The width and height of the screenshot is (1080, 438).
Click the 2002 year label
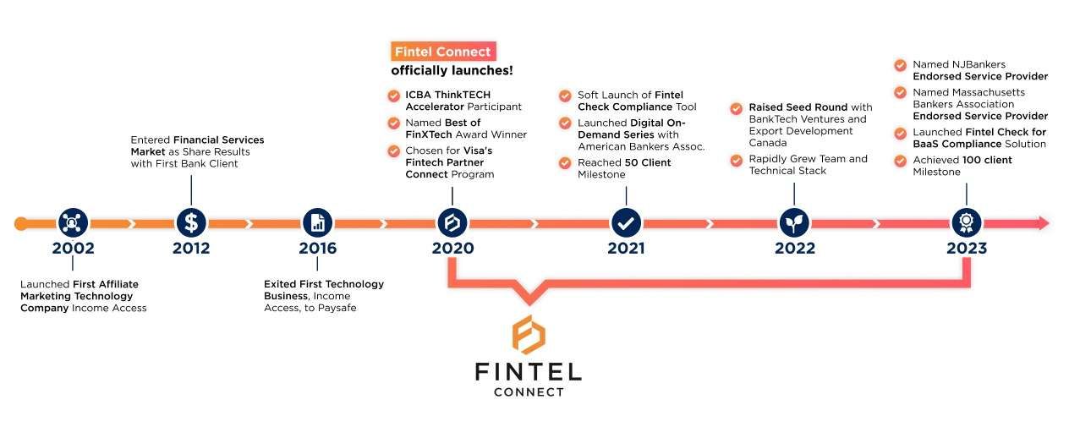tap(73, 249)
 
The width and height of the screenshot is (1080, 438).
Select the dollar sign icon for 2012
tap(191, 223)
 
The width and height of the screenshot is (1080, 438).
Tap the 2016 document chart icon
tap(317, 223)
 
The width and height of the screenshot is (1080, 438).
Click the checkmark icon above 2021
tap(626, 223)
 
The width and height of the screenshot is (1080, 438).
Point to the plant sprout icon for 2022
tap(794, 223)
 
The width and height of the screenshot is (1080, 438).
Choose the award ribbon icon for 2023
tap(966, 223)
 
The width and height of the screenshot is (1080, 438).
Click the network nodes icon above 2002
tap(73, 223)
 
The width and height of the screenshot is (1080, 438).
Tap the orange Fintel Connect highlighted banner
tap(442, 52)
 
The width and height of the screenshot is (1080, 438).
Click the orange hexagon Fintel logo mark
tap(529, 335)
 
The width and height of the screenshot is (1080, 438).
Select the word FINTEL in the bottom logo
tap(529, 372)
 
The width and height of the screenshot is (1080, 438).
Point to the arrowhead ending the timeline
tap(1043, 223)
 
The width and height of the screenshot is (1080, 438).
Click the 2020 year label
tap(452, 249)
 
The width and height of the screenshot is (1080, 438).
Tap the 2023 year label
tap(966, 249)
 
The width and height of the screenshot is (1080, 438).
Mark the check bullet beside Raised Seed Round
tap(735, 108)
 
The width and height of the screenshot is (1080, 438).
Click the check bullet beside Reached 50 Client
tap(564, 162)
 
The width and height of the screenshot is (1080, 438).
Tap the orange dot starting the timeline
tap(21, 223)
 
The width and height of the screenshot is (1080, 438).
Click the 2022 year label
tap(794, 249)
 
